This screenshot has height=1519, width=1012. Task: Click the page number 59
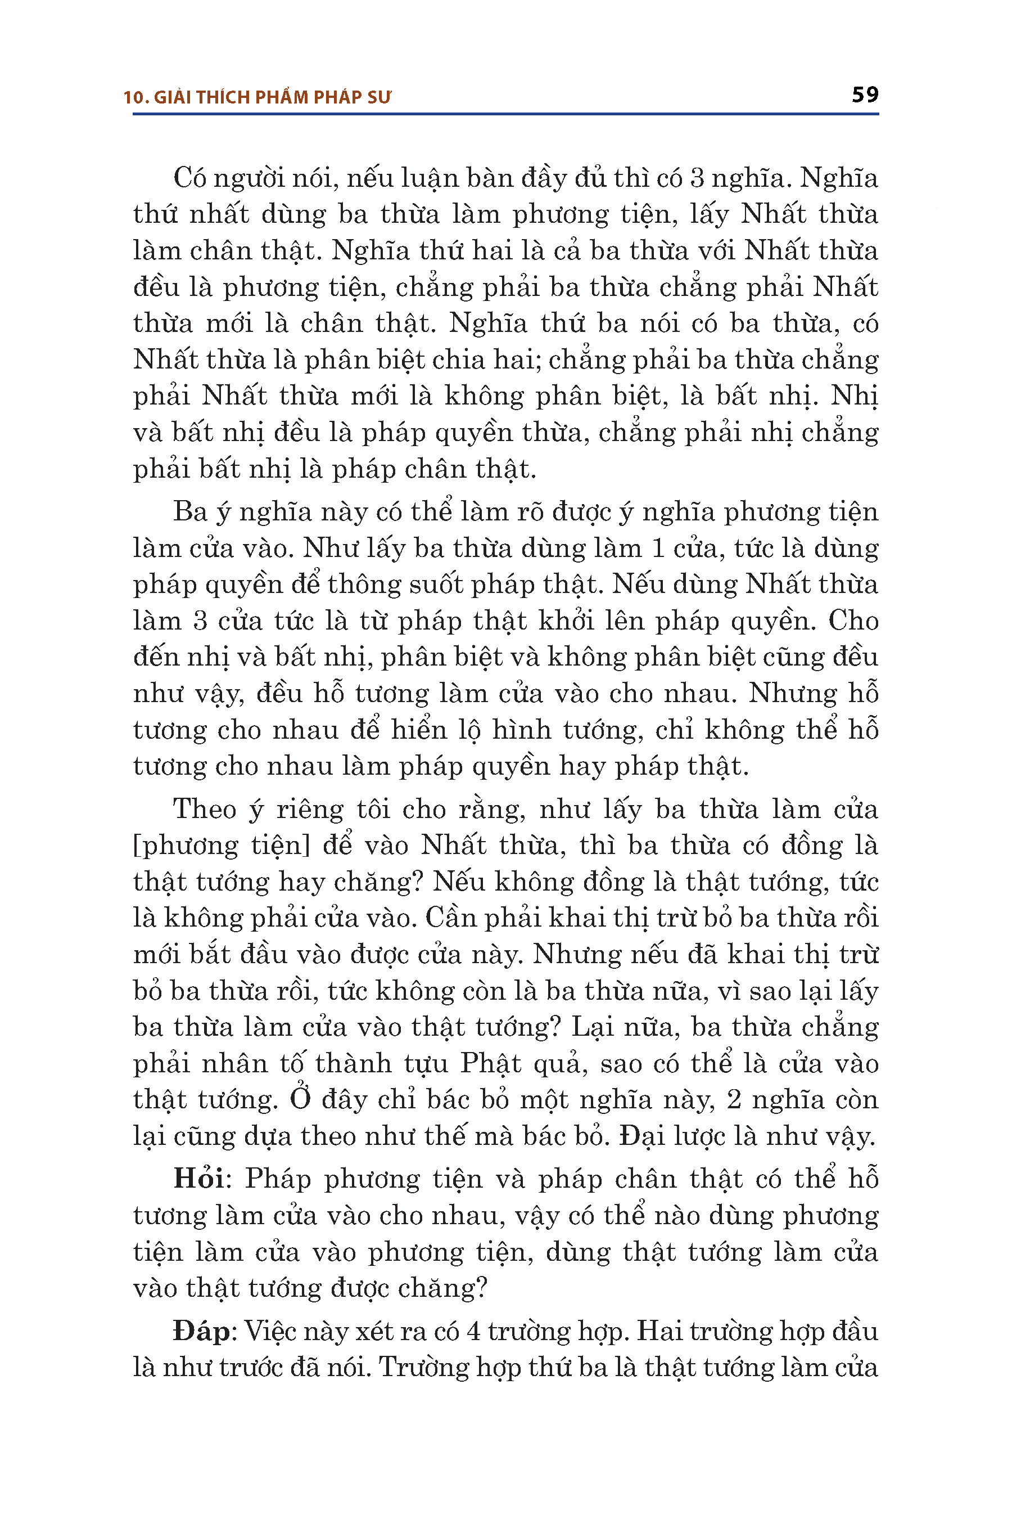point(865,95)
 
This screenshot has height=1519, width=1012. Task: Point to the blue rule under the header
point(505,114)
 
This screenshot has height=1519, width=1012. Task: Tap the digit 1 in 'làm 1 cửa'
point(658,549)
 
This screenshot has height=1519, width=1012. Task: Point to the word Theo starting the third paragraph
point(205,809)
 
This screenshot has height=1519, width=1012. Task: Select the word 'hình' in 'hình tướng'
point(522,730)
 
